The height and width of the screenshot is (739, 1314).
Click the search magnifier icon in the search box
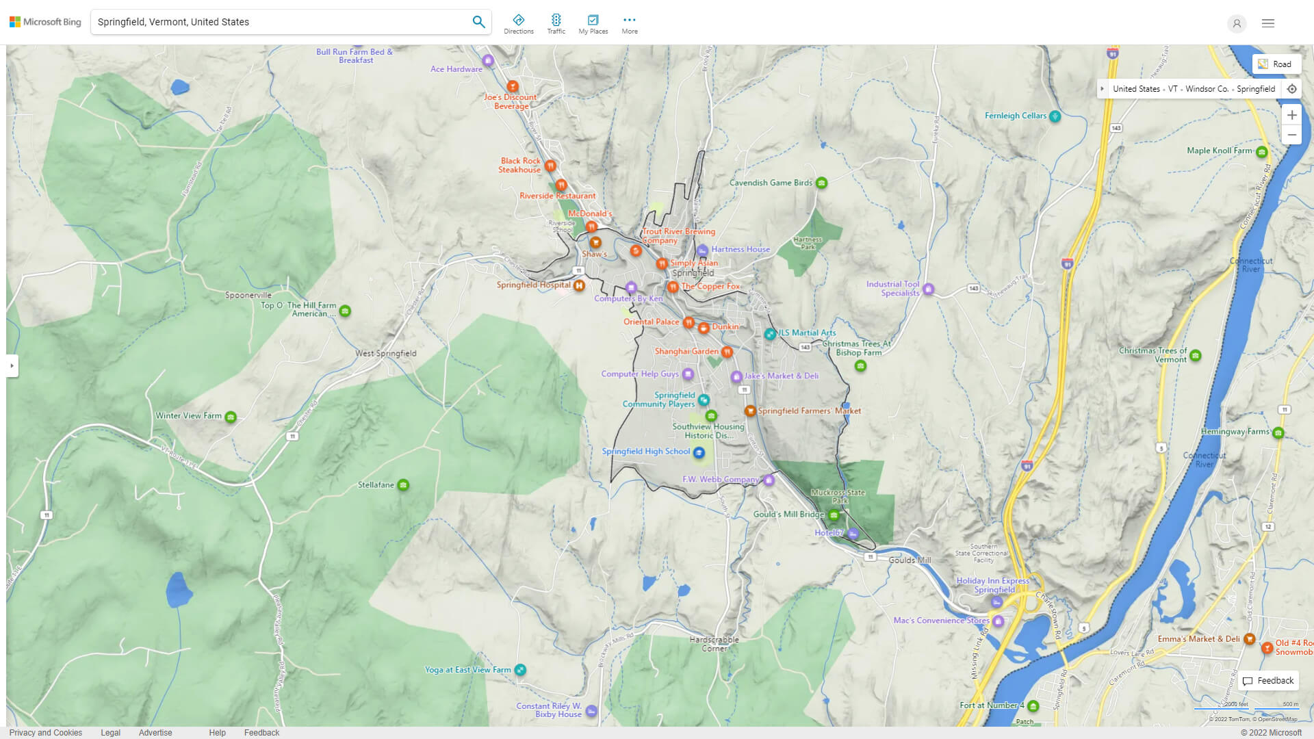pos(478,22)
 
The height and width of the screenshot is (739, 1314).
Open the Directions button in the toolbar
pos(518,24)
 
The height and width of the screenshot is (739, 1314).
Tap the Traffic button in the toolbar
pos(556,24)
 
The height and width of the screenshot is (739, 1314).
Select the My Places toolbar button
pos(593,24)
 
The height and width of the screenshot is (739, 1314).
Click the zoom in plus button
pos(1291,115)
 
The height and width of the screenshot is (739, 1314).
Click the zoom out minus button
pos(1291,135)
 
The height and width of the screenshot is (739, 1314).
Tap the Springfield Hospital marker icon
pos(579,285)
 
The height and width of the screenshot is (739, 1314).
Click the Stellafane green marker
pos(403,485)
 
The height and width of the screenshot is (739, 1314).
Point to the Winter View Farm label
pos(188,415)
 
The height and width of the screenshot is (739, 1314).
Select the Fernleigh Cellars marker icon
pos(1055,116)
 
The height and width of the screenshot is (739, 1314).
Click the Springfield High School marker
pos(699,452)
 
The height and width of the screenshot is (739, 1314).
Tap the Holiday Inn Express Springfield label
pos(992,585)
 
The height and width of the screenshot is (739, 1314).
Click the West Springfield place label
pos(385,354)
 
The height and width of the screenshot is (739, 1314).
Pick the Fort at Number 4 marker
pos(1033,705)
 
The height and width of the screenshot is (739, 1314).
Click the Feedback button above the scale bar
pos(1268,681)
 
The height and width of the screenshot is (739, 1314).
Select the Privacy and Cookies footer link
pos(46,732)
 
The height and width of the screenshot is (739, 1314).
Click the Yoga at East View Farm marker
pos(520,670)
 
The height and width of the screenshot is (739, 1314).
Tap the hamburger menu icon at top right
pos(1267,23)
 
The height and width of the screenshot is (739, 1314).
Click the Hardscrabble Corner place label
pos(714,644)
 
